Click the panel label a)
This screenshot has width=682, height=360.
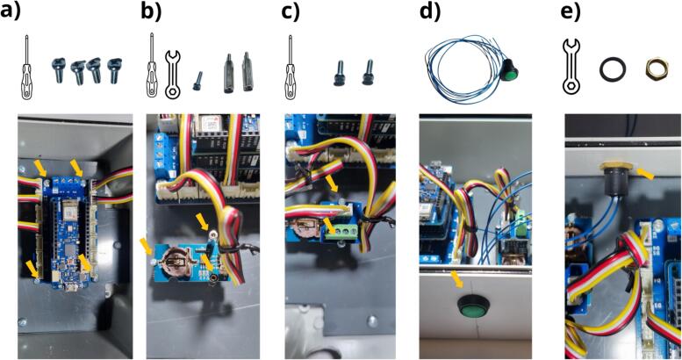point(13,12)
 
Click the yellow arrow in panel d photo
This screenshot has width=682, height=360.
point(457,280)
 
